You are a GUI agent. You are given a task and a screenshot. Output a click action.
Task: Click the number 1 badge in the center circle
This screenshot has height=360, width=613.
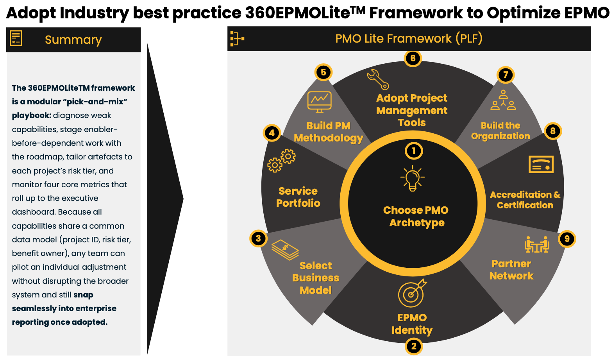[x=414, y=151]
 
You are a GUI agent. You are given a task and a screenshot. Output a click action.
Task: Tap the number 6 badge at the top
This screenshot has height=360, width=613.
[x=413, y=59]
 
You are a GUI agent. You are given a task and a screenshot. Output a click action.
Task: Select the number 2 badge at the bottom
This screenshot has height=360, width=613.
[x=414, y=346]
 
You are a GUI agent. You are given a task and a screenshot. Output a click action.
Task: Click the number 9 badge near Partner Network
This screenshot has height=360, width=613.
[x=567, y=239]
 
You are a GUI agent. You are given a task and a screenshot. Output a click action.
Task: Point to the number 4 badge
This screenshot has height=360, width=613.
[x=272, y=133]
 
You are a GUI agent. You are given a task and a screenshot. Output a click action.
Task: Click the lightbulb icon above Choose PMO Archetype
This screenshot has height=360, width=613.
[x=413, y=178]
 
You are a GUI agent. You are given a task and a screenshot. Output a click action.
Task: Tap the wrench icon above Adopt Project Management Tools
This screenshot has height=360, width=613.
[x=378, y=79]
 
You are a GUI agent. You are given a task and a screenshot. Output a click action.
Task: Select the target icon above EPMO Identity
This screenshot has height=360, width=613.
[x=412, y=294]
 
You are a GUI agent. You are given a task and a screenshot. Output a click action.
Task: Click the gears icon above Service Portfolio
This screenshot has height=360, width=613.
[x=281, y=160]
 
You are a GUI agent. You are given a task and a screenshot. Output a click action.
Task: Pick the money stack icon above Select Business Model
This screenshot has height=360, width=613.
[x=285, y=249]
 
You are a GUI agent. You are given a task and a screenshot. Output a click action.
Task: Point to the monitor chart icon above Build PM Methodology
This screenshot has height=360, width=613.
[x=319, y=102]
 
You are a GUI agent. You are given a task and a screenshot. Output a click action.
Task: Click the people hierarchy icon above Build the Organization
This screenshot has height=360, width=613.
[x=503, y=100]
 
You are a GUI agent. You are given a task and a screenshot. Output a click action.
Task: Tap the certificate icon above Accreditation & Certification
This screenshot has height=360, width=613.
[x=541, y=165]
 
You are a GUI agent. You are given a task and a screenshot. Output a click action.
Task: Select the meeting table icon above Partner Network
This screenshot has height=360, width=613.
[x=537, y=245]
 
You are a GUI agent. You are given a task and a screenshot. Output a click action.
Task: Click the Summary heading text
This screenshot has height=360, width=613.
[x=73, y=40]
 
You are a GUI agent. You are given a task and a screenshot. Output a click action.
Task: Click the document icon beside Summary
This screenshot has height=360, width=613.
[x=16, y=38]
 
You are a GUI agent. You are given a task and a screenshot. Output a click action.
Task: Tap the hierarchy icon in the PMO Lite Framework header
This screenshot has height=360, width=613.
[x=237, y=39]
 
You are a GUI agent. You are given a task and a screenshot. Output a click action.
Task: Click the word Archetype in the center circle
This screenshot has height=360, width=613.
[x=417, y=223]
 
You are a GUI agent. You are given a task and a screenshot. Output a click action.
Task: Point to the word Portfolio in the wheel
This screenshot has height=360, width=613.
[x=298, y=203]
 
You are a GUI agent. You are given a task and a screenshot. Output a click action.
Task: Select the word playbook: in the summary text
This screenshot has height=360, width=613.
[x=31, y=116]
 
